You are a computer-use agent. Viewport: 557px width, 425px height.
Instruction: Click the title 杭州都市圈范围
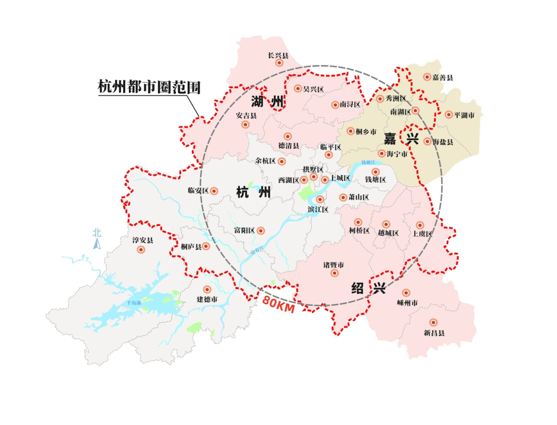(x=149, y=86)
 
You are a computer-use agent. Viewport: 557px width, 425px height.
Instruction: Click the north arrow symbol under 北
(x=96, y=243)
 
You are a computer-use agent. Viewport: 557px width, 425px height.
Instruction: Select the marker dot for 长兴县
(x=279, y=63)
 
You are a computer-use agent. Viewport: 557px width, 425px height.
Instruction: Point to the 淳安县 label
(x=143, y=240)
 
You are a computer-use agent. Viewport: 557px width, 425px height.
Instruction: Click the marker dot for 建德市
(x=207, y=289)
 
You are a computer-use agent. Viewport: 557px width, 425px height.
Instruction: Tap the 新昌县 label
(x=434, y=333)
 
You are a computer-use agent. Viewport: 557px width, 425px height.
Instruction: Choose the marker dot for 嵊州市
(x=406, y=292)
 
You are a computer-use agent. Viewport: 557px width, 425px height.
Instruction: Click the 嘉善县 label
(x=443, y=77)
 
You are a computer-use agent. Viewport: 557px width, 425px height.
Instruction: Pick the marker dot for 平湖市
(x=449, y=115)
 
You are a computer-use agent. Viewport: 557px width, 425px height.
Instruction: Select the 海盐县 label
(x=443, y=142)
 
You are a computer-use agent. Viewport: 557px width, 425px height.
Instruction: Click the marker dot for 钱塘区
(x=375, y=171)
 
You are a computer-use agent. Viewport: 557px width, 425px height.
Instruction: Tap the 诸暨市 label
(x=334, y=265)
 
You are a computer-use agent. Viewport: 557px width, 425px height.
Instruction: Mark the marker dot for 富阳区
(x=261, y=231)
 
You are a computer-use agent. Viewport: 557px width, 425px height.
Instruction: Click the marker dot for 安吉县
(x=245, y=124)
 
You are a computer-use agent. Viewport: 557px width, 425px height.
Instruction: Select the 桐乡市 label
(x=366, y=132)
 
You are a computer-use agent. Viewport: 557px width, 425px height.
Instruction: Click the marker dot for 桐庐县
(x=206, y=246)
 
